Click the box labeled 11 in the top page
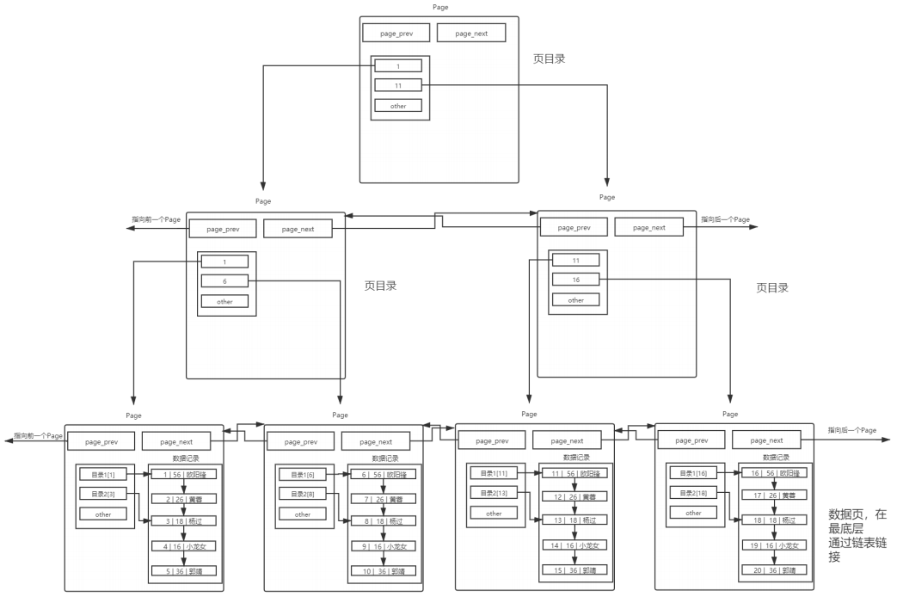coord(397,85)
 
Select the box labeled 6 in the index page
coord(224,280)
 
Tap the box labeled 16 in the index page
coord(575,280)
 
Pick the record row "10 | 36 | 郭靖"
coord(384,570)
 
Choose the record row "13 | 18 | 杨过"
coord(574,520)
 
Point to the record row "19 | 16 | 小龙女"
coord(774,545)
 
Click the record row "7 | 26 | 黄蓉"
coord(384,498)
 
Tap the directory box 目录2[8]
coord(303,494)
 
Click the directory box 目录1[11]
coord(494,474)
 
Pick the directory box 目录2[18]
coord(693,493)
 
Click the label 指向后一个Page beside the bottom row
coord(851,430)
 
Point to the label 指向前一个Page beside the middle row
coord(156,220)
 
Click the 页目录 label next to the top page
coord(550,59)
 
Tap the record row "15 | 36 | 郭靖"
coord(574,569)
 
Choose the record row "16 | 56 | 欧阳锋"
coord(774,473)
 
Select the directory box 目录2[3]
coord(103,494)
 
